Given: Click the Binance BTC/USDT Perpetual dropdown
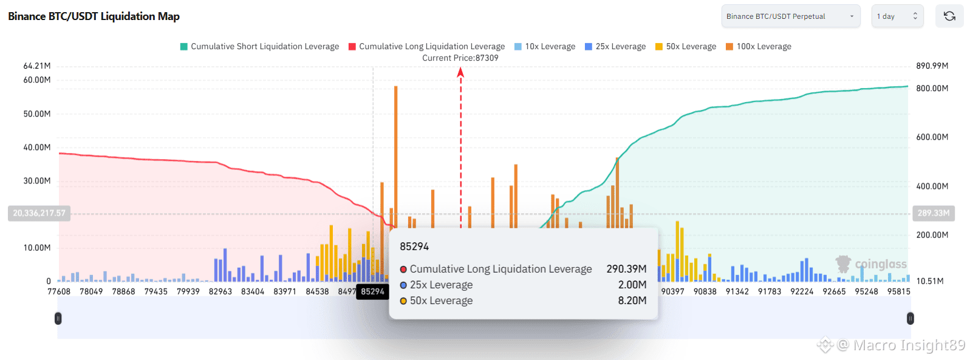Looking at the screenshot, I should (790, 16).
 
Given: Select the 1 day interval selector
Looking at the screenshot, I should (897, 16).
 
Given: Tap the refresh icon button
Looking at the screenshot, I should (949, 16).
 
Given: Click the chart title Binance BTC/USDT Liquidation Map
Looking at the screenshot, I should (94, 16).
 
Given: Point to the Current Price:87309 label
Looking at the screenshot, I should (460, 58).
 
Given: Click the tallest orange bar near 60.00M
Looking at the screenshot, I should (395, 152).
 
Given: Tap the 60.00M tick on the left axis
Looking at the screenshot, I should (37, 80).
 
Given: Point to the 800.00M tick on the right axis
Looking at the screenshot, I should (932, 89).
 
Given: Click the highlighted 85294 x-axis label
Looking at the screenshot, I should (372, 292).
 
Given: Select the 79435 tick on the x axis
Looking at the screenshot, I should (156, 292).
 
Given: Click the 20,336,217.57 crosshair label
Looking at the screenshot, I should (39, 214).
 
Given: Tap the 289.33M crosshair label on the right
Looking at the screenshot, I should (933, 214).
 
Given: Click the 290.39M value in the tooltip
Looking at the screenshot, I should (626, 269).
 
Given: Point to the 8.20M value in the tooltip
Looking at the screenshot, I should (632, 301).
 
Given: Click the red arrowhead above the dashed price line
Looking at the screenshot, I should (460, 73).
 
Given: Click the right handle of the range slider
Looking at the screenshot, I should (910, 318).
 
